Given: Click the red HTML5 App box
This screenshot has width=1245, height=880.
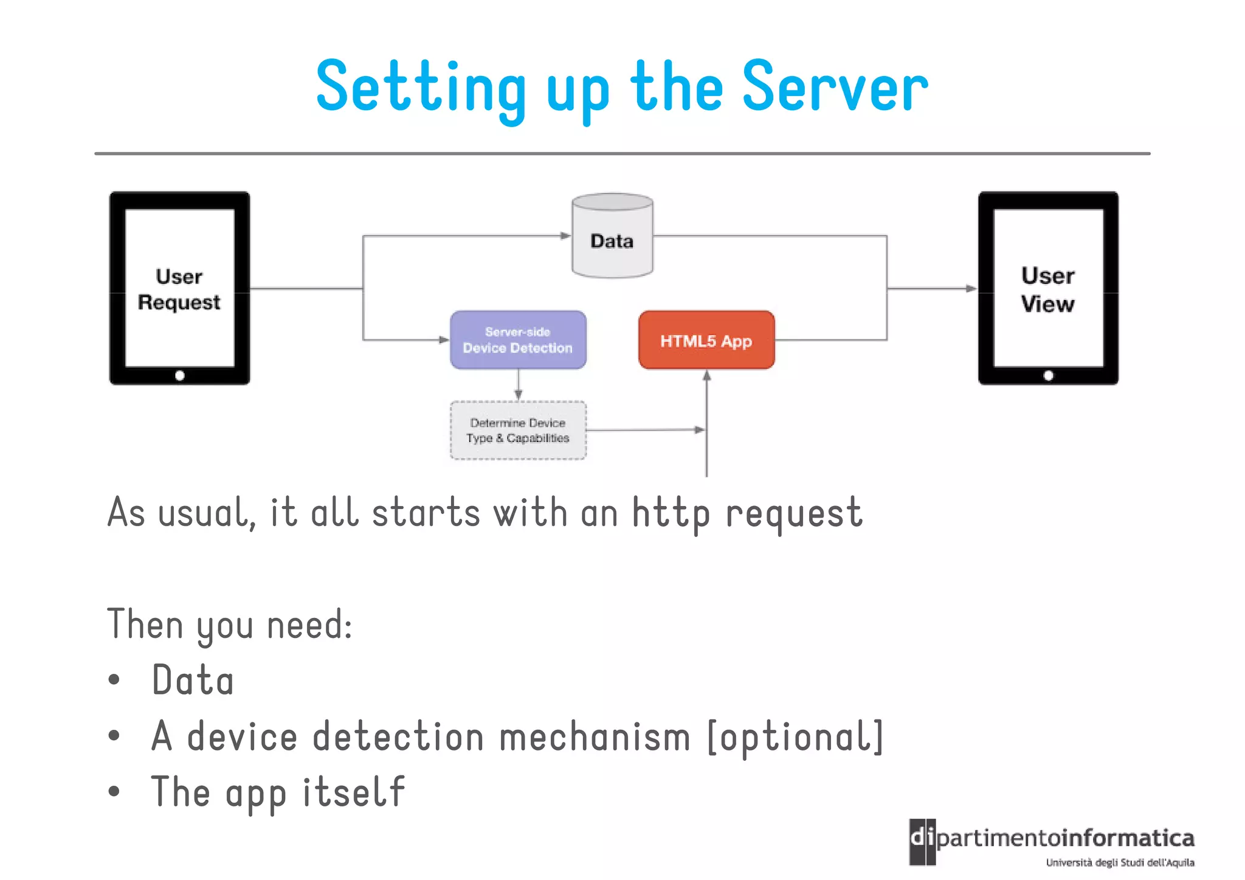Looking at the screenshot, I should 706,340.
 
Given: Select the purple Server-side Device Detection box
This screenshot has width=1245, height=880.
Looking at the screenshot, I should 518,340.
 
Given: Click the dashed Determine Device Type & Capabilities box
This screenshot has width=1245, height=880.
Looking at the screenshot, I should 518,430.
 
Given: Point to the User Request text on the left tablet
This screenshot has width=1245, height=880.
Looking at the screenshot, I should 179,289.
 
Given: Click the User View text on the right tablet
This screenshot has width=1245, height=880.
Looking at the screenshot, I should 1047,289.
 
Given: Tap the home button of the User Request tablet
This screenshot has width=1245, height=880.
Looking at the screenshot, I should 180,375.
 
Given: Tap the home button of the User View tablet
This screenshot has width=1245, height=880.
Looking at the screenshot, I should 1048,375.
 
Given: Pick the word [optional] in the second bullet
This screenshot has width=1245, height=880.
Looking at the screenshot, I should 795,737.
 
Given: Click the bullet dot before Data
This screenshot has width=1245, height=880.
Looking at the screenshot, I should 114,680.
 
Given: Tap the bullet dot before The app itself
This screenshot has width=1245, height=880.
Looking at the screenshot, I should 114,792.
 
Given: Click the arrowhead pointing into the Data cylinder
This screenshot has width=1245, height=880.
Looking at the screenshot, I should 565,235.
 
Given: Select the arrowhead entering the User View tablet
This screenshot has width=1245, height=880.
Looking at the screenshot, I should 971,288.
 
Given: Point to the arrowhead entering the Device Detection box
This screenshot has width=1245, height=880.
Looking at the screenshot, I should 444,339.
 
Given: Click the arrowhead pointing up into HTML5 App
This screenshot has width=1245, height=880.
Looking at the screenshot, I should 706,376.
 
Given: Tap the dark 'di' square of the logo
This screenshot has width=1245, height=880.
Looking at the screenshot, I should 922,841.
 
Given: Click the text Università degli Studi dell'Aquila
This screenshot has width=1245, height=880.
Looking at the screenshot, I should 1120,862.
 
